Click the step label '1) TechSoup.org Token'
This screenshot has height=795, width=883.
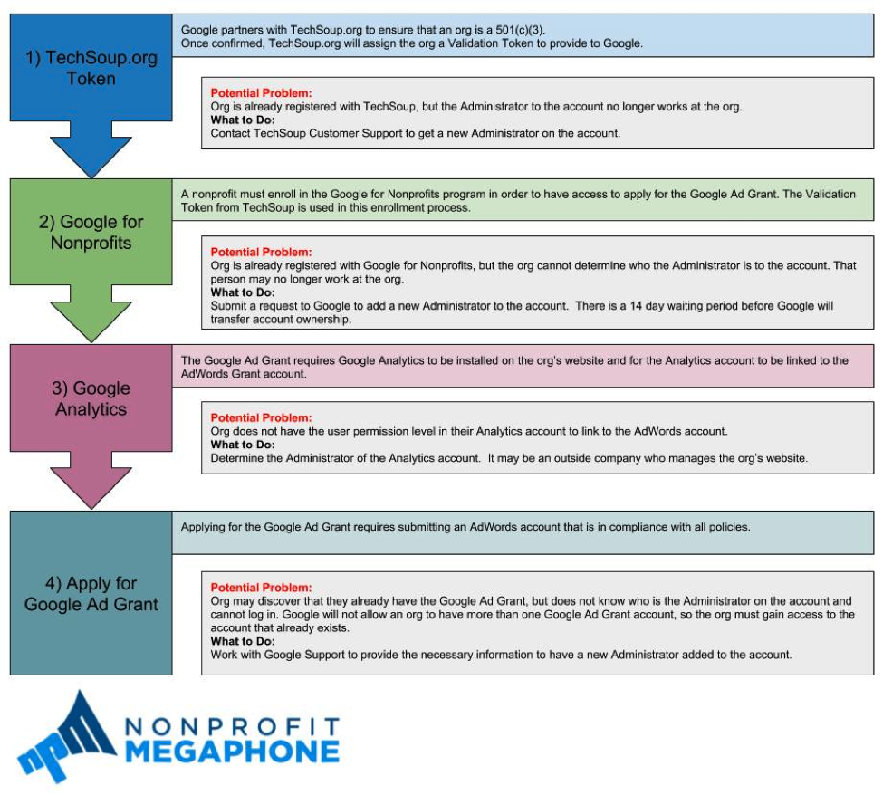[x=91, y=68]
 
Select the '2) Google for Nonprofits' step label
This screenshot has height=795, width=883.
[x=91, y=232]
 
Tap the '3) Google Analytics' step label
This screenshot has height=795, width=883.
[x=91, y=398]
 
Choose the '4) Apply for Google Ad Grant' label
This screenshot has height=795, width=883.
[x=91, y=594]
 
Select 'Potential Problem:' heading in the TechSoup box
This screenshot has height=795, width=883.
[x=261, y=93]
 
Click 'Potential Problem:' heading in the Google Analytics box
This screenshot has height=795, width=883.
[x=261, y=418]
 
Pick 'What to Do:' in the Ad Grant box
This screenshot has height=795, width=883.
[x=243, y=641]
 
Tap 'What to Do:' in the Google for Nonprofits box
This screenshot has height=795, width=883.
[x=243, y=292]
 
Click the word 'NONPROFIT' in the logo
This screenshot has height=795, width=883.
[x=231, y=727]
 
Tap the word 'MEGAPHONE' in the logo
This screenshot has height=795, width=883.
[x=231, y=752]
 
